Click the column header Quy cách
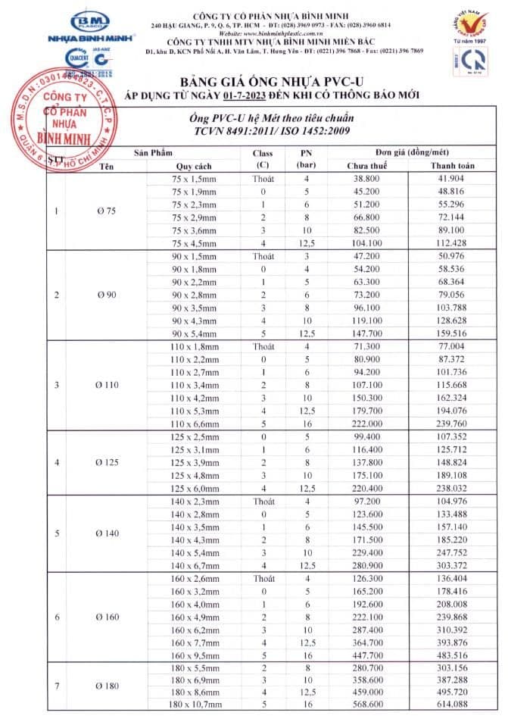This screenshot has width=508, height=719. [193, 166]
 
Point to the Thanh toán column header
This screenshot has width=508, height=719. [452, 166]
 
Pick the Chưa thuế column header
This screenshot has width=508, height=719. [367, 166]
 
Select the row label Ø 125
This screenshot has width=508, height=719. [107, 461]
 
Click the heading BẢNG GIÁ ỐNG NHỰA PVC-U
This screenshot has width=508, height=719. [273, 80]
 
